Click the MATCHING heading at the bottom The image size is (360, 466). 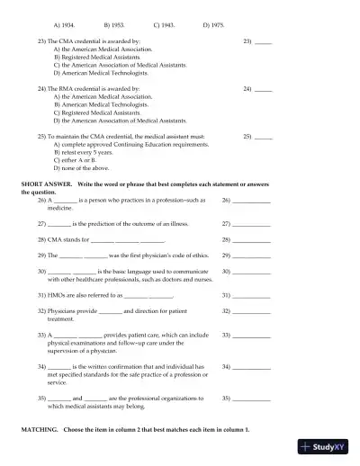point(40,430)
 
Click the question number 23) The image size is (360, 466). point(42,41)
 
